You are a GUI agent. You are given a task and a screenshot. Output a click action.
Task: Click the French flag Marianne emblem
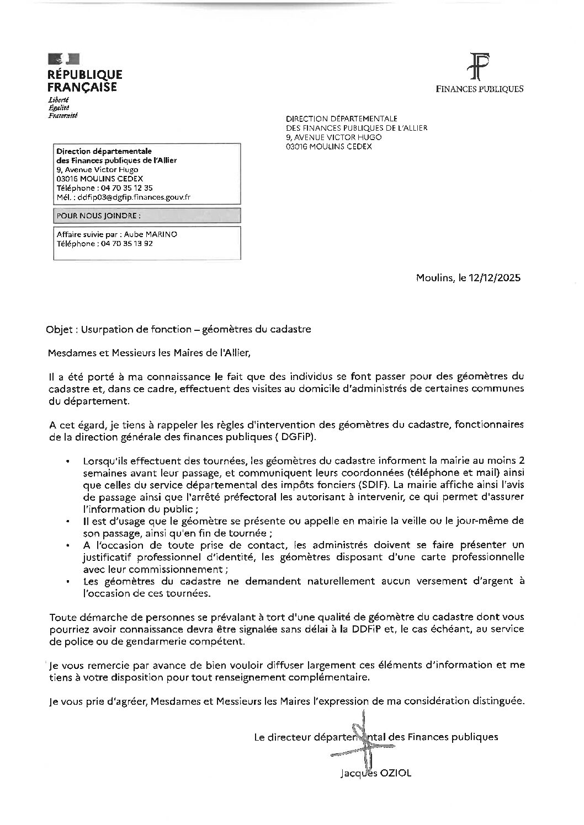63,58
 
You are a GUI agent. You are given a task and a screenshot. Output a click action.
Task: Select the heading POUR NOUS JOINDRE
98,216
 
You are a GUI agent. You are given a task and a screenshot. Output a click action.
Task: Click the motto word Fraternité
63,116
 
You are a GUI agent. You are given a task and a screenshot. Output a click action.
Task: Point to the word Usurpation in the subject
105,329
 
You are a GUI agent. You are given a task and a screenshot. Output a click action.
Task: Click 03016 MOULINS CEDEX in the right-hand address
328,146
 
